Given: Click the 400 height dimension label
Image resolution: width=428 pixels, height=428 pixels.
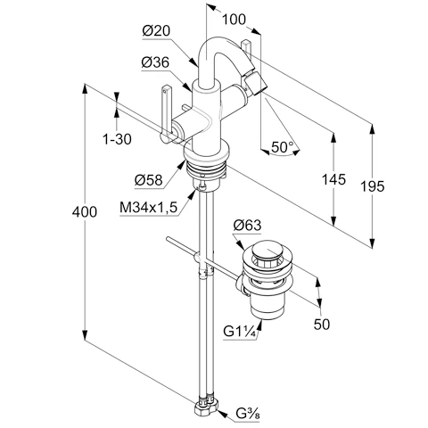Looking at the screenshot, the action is coord(85,212).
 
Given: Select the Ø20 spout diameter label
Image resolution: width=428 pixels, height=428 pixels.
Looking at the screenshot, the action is coord(157,30).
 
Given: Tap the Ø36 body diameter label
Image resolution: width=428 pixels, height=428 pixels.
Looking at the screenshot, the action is coord(155,62).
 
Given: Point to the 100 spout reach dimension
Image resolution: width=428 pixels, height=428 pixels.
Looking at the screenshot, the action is coord(235,20).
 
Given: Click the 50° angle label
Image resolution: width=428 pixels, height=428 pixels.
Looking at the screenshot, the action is coord(283,147).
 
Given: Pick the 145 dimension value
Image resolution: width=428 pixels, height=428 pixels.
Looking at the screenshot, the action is coord(334,179).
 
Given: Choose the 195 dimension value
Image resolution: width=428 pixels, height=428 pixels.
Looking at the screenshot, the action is coord(373,186).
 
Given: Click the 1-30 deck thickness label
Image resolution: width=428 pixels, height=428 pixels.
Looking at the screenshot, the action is coord(117,139).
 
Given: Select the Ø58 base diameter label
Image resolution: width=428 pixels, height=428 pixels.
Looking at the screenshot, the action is coord(149,180).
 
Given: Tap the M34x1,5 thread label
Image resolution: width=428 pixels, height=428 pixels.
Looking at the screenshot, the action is coord(148,207).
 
